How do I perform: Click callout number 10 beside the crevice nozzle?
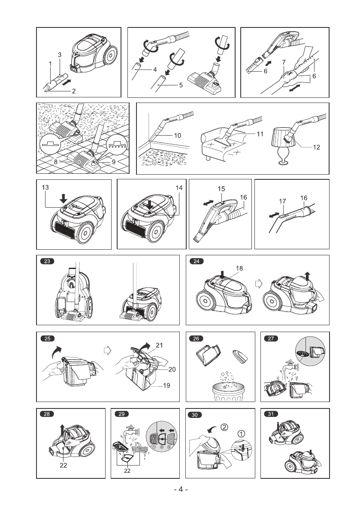[x=177, y=135]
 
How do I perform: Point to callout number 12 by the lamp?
[x=316, y=147]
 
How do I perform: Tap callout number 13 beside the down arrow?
[x=45, y=187]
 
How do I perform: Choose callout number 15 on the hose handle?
[x=221, y=188]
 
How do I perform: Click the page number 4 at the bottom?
[x=181, y=490]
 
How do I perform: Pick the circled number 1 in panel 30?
[x=242, y=434]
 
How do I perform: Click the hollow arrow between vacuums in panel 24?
[x=258, y=284]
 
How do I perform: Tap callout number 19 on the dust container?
[x=166, y=386]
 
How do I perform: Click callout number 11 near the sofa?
[x=260, y=134]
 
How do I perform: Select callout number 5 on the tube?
[x=181, y=85]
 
